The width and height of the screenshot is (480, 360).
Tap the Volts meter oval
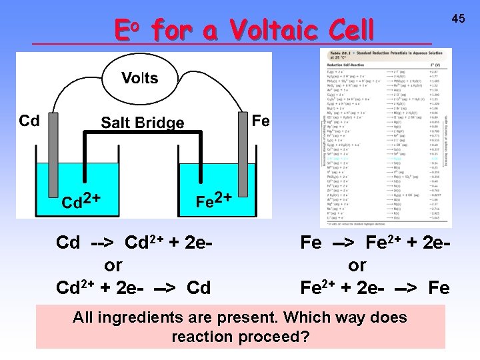(139, 79)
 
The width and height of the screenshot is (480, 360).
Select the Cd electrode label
(29, 121)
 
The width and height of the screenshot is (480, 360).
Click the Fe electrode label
(261, 121)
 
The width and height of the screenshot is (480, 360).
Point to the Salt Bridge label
(142, 123)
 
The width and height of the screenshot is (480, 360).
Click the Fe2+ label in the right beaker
(214, 199)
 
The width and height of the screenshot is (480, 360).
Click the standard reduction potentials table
(385, 138)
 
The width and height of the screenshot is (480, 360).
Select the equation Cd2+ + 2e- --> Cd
(133, 287)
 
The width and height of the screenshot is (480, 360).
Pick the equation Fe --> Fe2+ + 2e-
(375, 242)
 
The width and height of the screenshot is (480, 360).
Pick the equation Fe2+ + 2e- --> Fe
(375, 287)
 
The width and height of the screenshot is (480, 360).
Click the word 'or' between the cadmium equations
(113, 265)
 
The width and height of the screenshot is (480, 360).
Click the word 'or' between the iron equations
(357, 265)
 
